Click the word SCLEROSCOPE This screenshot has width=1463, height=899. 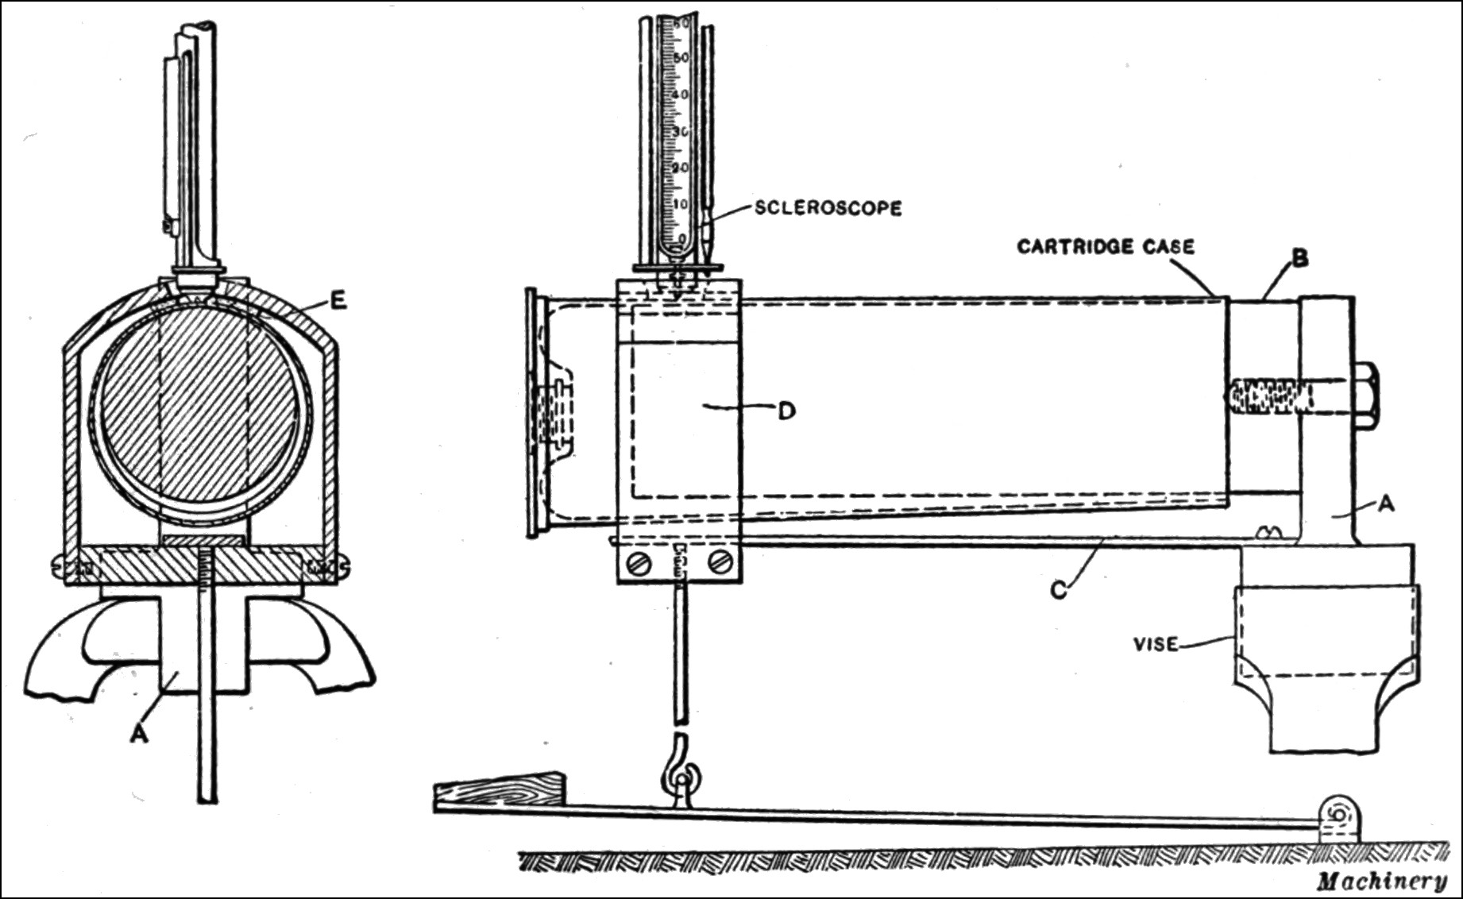point(828,208)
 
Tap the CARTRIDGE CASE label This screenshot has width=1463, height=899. point(1106,247)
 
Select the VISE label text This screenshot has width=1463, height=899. point(1156,644)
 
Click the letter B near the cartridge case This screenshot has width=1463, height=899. point(1300,259)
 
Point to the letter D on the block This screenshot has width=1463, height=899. point(786,411)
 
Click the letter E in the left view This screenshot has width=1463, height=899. point(338,301)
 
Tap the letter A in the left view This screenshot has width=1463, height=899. point(139,735)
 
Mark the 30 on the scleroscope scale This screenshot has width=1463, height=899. point(680,132)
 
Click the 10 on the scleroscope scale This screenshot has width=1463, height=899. point(680,204)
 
